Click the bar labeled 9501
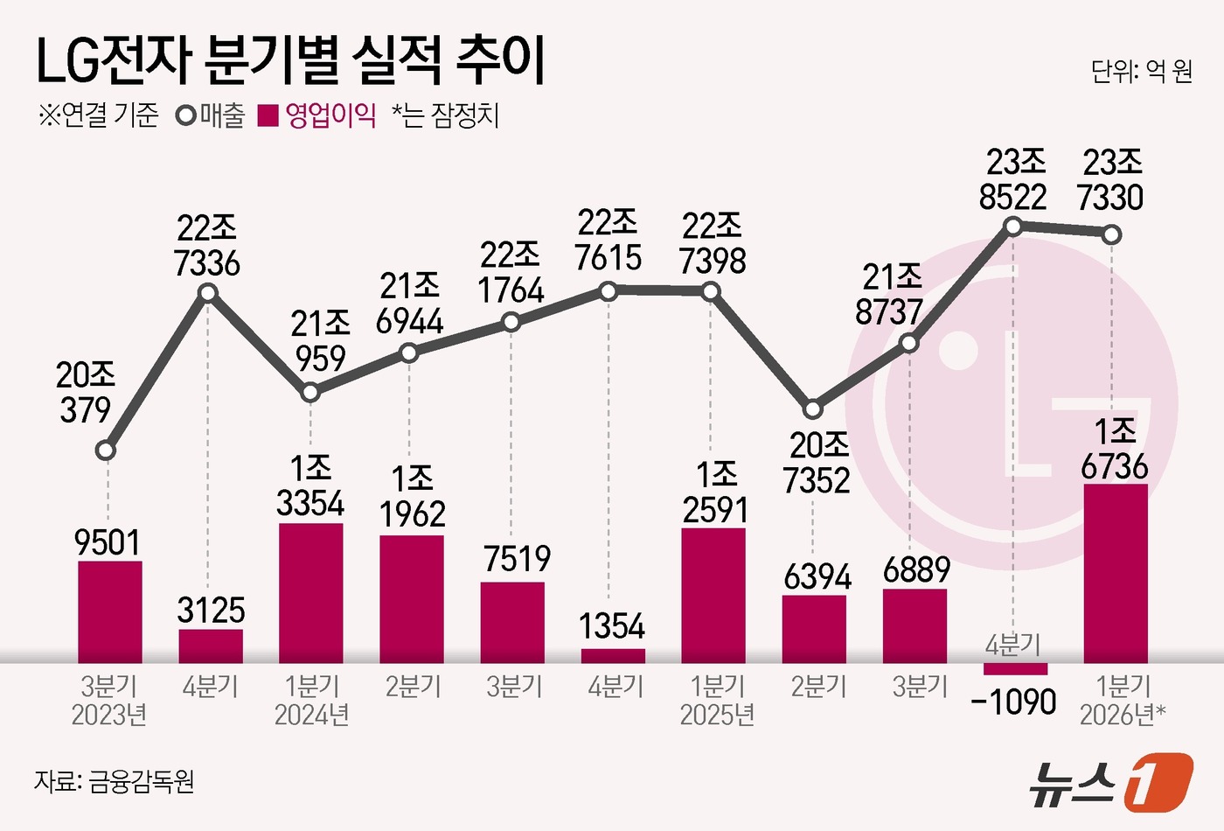pos(110,611)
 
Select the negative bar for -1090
pos(1014,669)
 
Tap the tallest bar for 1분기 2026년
pos(1115,573)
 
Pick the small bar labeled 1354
pos(613,656)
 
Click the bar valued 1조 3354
pos(310,593)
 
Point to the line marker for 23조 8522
pos(1013,227)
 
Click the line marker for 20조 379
pos(106,451)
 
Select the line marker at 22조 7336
pos(208,292)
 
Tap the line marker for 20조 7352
pos(813,409)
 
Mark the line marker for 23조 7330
pos(1111,234)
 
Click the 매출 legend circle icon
pos(186,116)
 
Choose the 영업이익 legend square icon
pos(268,116)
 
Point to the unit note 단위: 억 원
pos(1141,71)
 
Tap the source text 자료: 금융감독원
pos(114,780)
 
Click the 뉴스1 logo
pos(1110,781)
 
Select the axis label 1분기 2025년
pos(717,701)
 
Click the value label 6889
pos(916,570)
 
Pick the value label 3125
pos(211,611)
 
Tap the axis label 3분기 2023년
pos(109,701)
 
